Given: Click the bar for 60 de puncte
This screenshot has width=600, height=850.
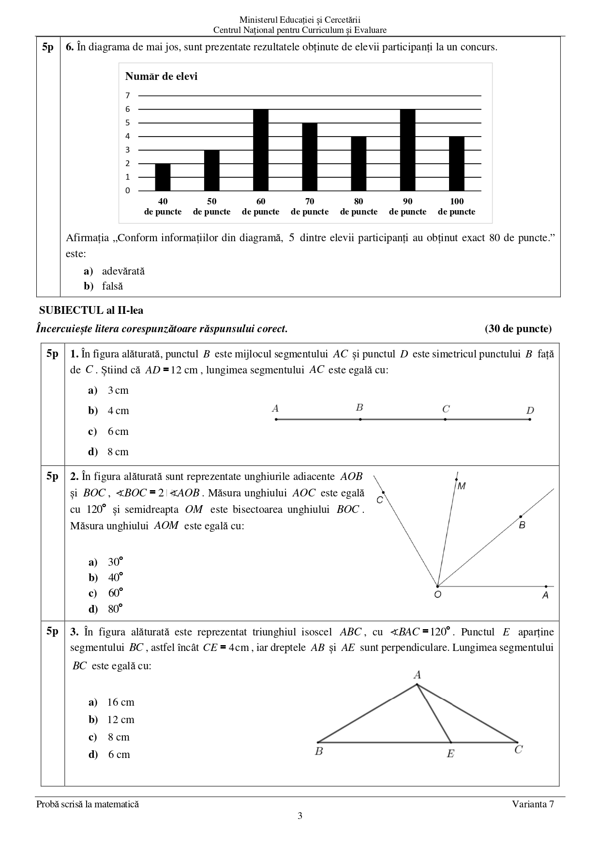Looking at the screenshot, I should pos(261,150).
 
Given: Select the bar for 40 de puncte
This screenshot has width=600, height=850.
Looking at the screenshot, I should pos(163,177).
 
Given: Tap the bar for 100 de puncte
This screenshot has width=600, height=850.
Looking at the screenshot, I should pos(457,164).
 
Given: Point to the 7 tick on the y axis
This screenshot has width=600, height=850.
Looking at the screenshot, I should pos(128,95).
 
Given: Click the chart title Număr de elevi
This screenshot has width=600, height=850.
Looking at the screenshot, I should pos(161,77).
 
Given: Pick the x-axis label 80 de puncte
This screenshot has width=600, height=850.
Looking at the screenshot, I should pos(359,206).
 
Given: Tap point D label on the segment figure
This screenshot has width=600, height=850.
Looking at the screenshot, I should pos(530,411).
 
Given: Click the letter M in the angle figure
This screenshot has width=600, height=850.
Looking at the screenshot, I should pos(462,486).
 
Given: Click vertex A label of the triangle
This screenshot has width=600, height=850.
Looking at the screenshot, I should pos(417,675).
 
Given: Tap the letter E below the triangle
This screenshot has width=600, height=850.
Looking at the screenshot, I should pos(450,754).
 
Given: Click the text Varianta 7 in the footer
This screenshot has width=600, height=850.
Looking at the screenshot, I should pos(533,804).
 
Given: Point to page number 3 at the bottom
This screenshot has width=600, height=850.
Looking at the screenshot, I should pos(300,816).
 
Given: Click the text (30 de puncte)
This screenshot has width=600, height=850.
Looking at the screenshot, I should pos(518,329).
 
